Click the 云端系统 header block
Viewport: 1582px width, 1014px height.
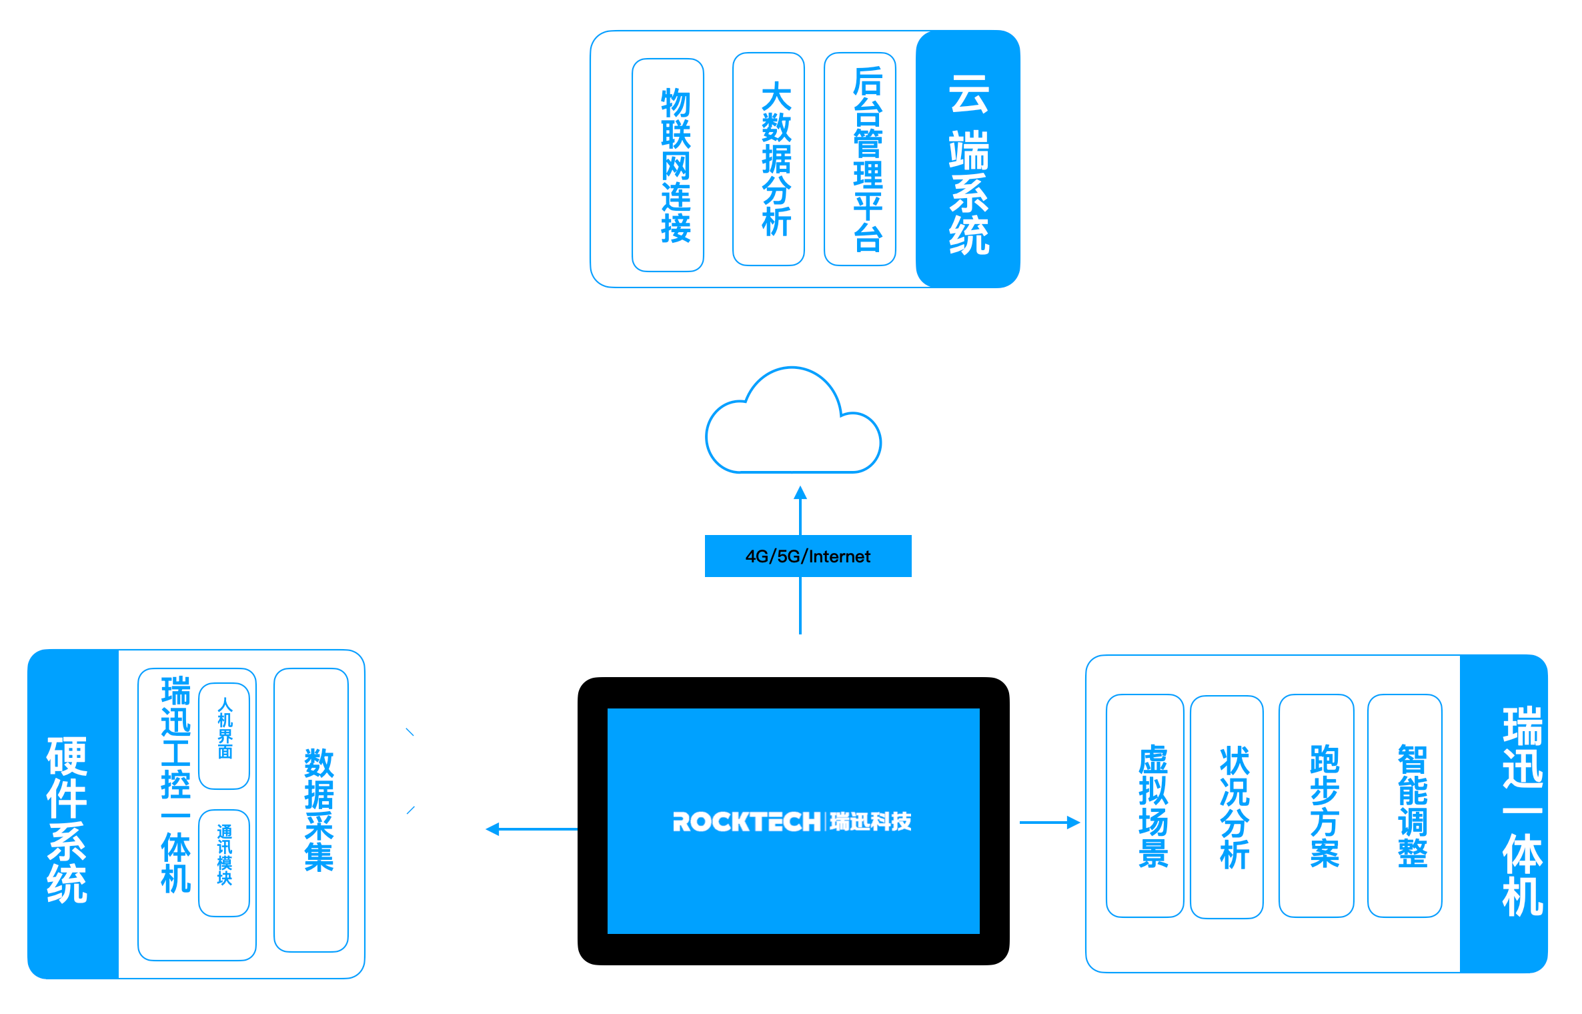968,159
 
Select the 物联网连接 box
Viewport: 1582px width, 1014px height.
668,165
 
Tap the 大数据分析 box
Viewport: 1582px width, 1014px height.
768,159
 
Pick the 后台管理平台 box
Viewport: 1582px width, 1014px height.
860,159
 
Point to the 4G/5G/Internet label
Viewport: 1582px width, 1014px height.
808,556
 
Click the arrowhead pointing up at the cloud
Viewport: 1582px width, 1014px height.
800,493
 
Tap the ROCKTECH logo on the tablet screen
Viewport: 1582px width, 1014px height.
792,822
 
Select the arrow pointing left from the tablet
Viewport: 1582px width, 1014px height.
532,829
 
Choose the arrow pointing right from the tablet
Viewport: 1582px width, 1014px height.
1050,823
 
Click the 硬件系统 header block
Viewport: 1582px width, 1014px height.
73,814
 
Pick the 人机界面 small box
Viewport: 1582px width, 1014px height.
224,736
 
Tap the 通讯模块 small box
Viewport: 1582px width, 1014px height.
224,863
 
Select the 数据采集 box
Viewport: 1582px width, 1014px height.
311,810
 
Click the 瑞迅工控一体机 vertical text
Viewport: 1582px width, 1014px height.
175,785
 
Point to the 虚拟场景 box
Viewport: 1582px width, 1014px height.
1144,806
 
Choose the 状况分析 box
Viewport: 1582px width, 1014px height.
1227,807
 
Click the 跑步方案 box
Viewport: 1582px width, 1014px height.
1316,806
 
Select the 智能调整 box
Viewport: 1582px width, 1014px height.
1405,806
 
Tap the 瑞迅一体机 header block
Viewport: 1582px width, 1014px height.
1504,814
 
